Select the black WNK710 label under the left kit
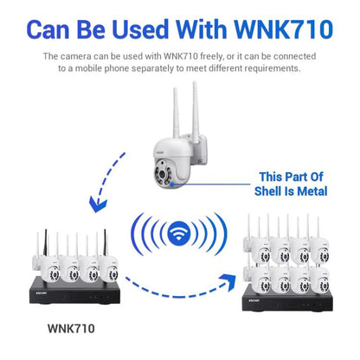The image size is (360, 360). [74, 329]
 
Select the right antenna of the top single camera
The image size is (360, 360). [195, 104]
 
